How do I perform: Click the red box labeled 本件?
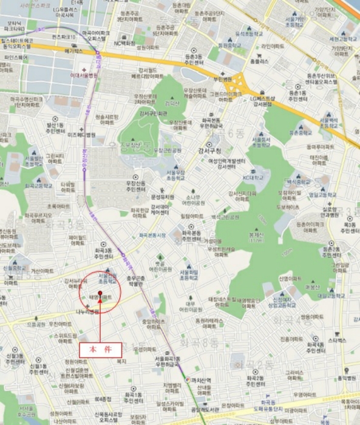[101, 350]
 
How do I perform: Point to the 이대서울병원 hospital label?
[84, 76]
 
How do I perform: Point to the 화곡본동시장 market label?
[152, 234]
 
